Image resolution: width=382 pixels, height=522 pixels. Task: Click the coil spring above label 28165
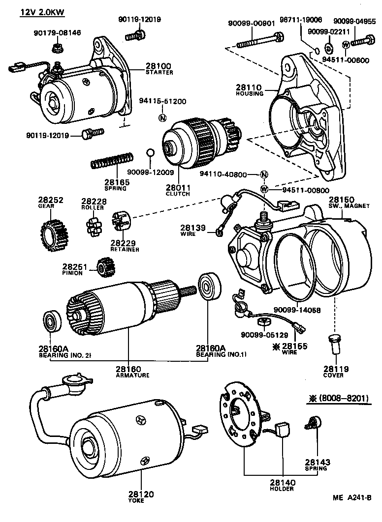113,161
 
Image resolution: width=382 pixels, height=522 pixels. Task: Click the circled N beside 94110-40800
264,175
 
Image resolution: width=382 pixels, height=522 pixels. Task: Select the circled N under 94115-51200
162,117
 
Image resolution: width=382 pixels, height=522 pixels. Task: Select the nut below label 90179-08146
56,48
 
